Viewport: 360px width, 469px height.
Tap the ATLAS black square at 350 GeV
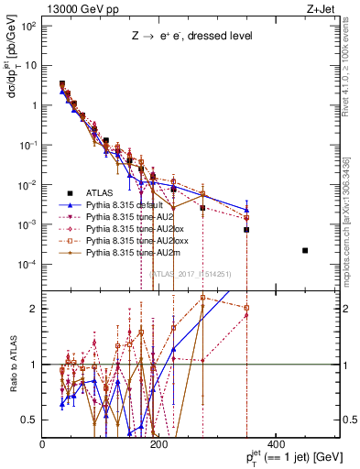pos(246,229)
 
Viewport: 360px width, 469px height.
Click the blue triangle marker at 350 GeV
pos(246,210)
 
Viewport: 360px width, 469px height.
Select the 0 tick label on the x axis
pos(43,444)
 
